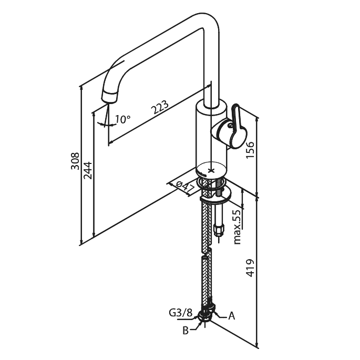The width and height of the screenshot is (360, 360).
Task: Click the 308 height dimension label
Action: (x=75, y=161)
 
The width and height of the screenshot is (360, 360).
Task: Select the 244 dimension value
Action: (x=88, y=170)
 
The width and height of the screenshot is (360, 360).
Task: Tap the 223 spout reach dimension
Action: (x=160, y=107)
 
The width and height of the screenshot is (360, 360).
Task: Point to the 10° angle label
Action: (x=122, y=119)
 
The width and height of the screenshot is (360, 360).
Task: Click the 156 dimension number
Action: (x=250, y=149)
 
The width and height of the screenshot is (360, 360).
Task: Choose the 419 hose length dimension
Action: (x=250, y=268)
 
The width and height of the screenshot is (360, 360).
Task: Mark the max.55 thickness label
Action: (x=238, y=227)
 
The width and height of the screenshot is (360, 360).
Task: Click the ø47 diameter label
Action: (x=185, y=187)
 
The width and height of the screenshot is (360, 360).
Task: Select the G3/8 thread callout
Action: (x=180, y=313)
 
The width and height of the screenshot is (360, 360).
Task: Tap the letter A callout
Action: (x=232, y=316)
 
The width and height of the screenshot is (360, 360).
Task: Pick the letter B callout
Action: (x=186, y=331)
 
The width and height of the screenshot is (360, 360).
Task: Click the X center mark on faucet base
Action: (x=211, y=171)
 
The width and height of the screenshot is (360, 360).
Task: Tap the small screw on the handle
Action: (x=230, y=125)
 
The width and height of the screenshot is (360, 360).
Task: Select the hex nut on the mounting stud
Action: (x=219, y=230)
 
